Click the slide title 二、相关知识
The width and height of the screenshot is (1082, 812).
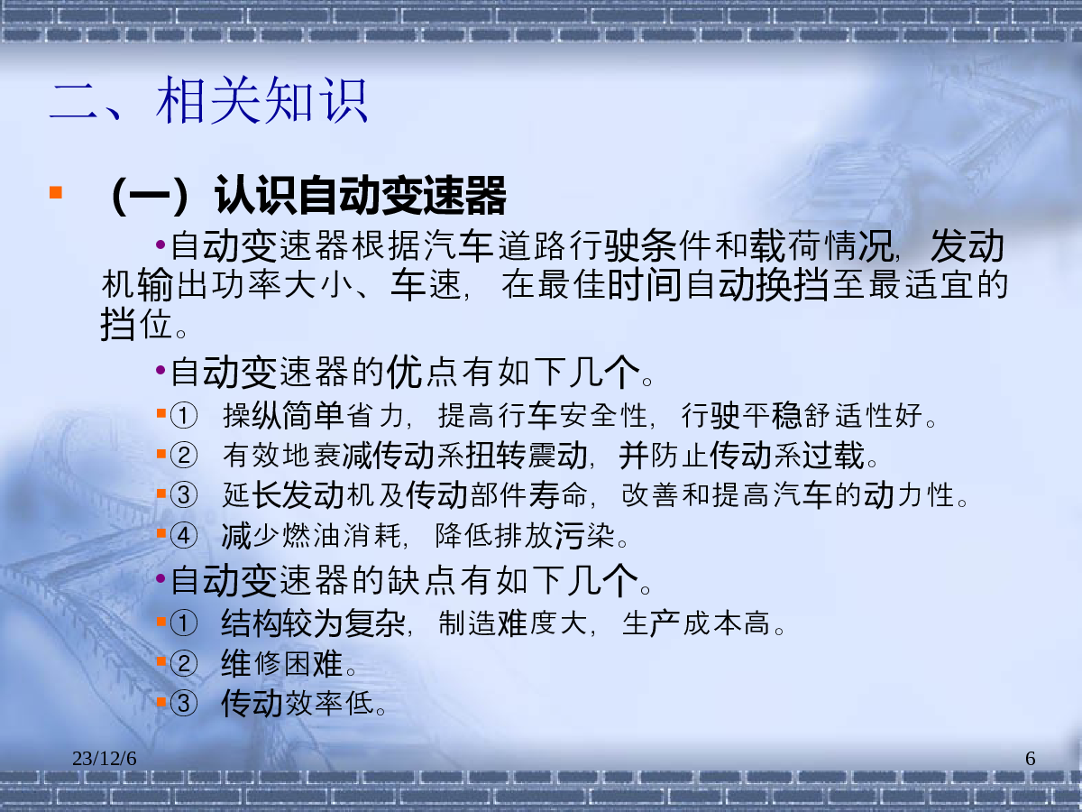[x=208, y=100]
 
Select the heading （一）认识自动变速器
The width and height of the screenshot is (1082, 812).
[x=307, y=196]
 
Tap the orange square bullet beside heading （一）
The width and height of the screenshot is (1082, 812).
[x=56, y=192]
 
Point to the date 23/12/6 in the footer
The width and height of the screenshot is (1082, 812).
[x=104, y=758]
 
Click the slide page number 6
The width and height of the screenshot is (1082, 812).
[x=1030, y=758]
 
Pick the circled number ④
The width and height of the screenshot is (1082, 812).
[x=184, y=535]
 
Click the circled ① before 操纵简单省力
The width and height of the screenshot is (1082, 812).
[x=184, y=416]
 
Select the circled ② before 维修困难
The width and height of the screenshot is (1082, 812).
[x=184, y=664]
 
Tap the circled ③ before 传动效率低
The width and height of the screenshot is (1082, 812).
[x=184, y=704]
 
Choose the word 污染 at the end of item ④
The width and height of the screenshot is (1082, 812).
[x=585, y=536]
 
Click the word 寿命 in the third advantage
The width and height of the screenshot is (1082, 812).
[x=559, y=495]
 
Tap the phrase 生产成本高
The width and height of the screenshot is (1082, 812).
[x=695, y=623]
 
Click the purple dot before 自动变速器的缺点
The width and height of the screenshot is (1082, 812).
[x=160, y=577]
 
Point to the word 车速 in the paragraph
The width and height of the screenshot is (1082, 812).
[x=426, y=284]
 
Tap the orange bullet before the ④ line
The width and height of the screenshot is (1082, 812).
[x=161, y=533]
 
